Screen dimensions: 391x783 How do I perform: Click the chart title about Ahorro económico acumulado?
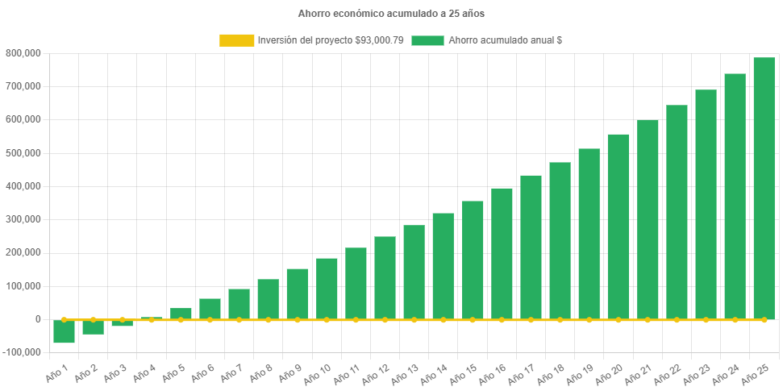[391, 14]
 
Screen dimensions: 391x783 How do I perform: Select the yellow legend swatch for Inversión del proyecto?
[235, 40]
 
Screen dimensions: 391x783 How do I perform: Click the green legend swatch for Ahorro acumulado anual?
[427, 40]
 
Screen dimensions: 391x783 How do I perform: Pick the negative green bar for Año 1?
[64, 331]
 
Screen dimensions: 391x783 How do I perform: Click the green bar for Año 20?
[618, 227]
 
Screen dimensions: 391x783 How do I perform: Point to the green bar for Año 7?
[239, 304]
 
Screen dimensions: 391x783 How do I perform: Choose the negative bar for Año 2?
[93, 327]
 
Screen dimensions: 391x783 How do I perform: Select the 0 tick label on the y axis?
[37, 319]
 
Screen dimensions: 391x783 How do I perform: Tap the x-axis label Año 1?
[55, 370]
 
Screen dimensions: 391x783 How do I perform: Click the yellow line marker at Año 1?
[64, 319]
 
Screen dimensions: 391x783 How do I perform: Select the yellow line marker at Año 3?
[122, 319]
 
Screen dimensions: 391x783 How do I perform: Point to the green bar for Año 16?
[502, 254]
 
